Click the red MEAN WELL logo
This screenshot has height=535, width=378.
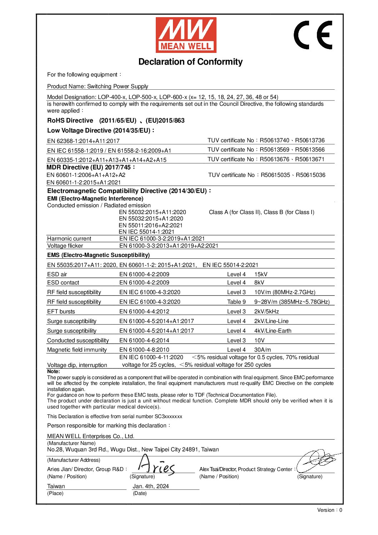coord(186,35)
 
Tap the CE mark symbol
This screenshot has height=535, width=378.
coord(313,35)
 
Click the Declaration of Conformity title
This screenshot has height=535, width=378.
coord(190,62)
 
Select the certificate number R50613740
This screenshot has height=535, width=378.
coord(274,140)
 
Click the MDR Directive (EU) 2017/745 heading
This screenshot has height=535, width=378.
coord(91,167)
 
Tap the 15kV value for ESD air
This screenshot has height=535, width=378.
coord(261,274)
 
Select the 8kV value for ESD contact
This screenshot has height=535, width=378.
coord(259,283)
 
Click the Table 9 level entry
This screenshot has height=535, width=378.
coord(236,302)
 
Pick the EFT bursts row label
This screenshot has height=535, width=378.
coord(61,312)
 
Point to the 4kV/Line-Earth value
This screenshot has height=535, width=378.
coord(273,331)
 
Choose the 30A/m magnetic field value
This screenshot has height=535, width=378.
coord(263,350)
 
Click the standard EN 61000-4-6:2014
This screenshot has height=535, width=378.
coord(144,341)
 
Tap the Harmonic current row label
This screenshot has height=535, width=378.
coord(69,239)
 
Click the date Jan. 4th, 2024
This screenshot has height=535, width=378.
coord(150,486)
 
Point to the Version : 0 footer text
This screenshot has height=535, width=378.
coord(329,510)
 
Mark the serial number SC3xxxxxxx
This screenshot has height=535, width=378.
coord(168,417)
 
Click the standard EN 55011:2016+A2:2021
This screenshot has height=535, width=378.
coord(151,226)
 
